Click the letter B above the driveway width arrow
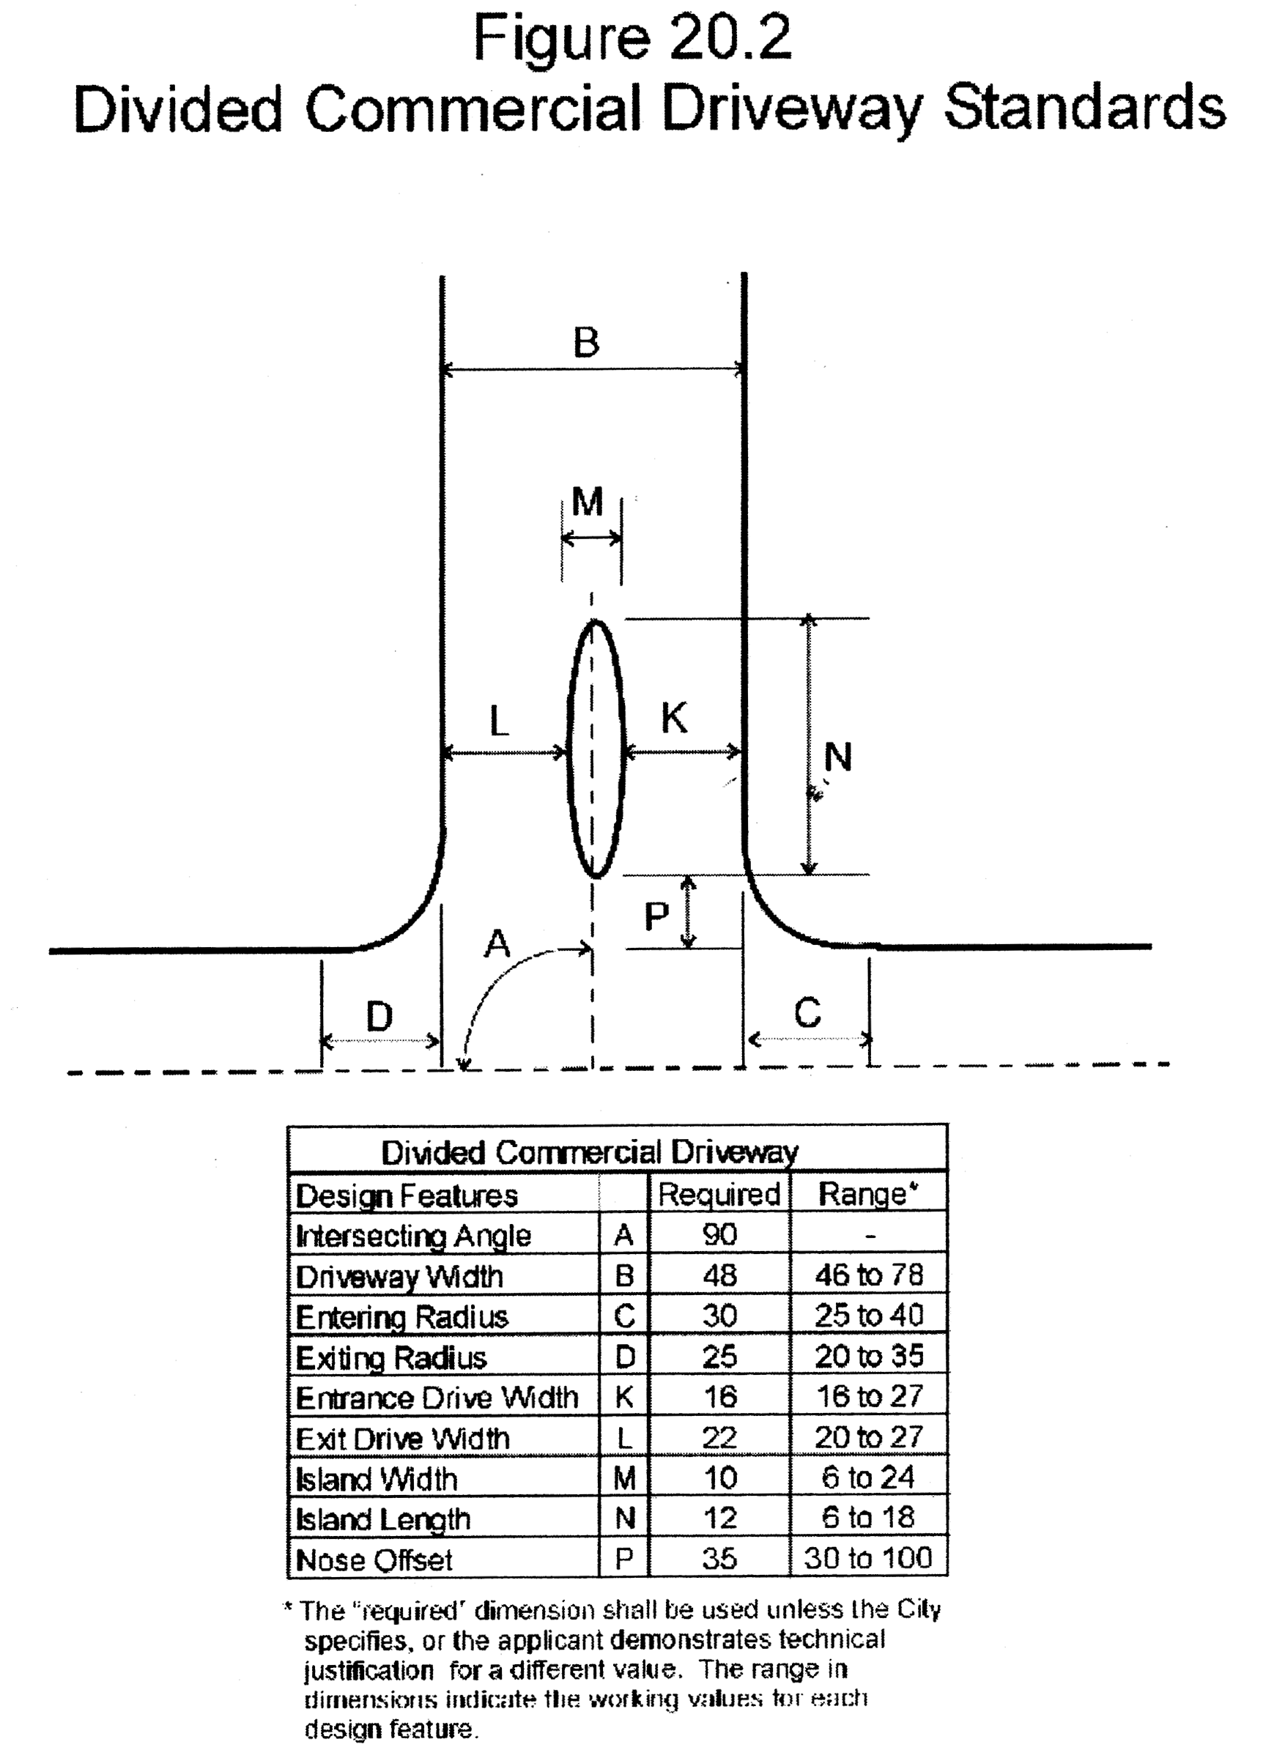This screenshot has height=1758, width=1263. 586,342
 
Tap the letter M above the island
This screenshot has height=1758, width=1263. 587,502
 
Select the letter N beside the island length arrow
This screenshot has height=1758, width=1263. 837,757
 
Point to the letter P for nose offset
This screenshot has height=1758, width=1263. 656,917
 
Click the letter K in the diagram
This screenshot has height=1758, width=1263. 674,718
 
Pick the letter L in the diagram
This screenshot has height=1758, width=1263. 500,722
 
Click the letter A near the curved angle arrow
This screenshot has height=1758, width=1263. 497,944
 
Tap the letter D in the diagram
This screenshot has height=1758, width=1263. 379,1016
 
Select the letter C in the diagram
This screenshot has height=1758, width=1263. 807,1013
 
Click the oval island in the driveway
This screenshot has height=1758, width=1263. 596,749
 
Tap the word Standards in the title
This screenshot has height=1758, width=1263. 1085,108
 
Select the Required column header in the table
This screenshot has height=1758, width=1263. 719,1195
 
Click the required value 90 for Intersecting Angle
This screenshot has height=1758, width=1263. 719,1235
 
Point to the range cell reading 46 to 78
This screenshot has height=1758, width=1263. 868,1275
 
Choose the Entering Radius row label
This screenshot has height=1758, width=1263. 401,1316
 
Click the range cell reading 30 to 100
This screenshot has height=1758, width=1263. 867,1558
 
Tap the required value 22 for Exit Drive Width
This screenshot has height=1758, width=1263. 719,1438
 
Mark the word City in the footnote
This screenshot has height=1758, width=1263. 919,1610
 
